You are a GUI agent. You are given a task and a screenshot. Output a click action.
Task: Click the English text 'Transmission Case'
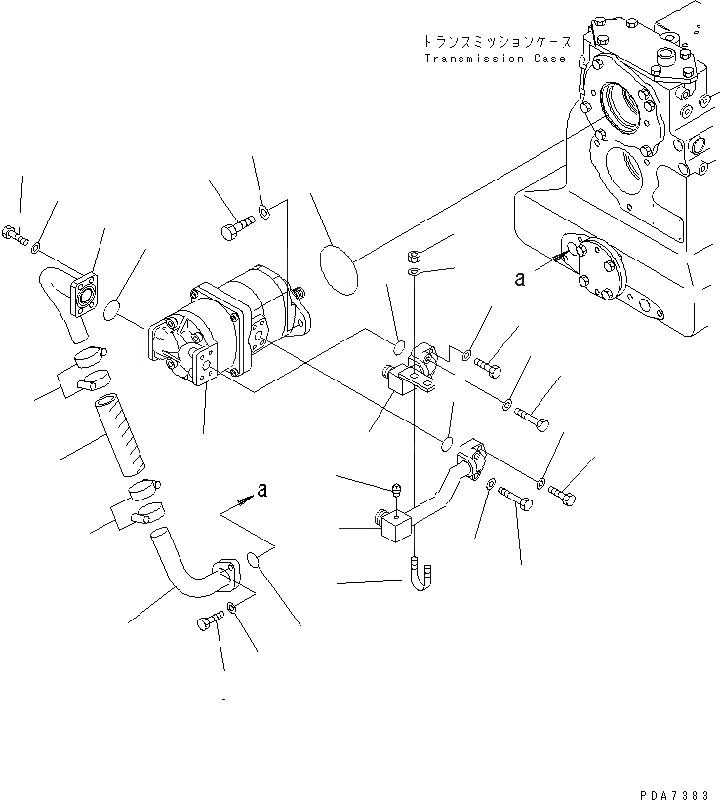tap(495, 59)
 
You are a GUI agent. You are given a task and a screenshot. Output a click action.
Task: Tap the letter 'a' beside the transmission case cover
tap(520, 279)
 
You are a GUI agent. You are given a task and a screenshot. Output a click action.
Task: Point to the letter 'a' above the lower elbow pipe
tap(260, 489)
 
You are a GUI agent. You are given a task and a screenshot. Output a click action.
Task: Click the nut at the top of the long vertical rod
tap(415, 256)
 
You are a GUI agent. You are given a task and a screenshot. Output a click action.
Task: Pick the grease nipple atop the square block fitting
tap(397, 487)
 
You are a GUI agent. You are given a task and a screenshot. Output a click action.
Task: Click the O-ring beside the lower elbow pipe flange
tap(255, 560)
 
